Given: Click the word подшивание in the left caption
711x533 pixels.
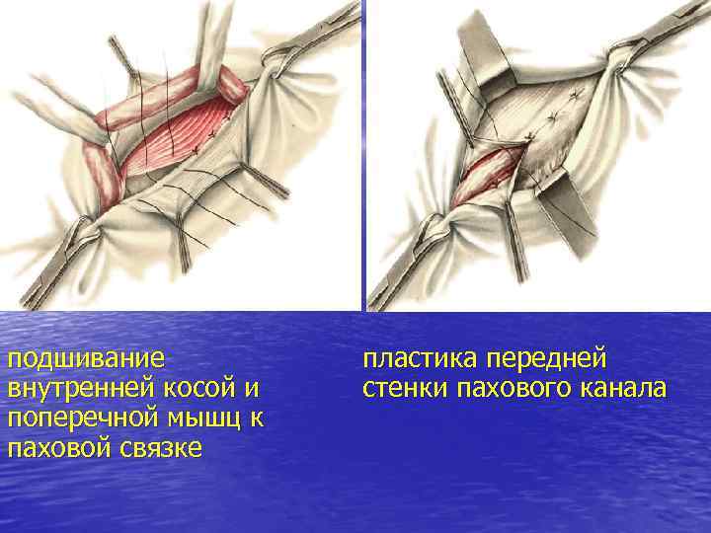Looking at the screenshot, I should (x=85, y=357).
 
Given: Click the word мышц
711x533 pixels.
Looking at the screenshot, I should (x=209, y=418).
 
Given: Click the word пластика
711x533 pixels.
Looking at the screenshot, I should (x=425, y=357).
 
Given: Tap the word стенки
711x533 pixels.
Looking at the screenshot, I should (x=406, y=388).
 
